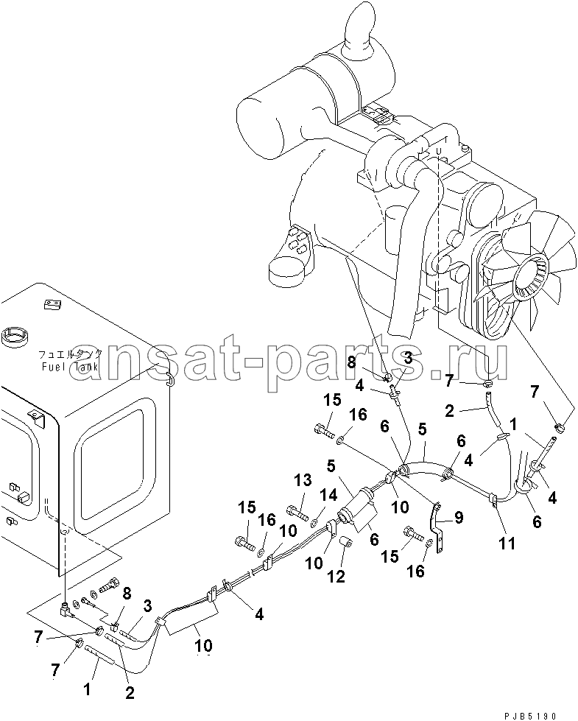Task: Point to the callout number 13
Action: [x=303, y=480]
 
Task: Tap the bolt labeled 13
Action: [x=297, y=511]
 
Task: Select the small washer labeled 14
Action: [x=315, y=521]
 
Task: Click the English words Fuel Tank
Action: [x=70, y=367]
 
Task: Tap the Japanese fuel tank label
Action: [x=70, y=354]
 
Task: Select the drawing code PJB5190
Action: [x=531, y=716]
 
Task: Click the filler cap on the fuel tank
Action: [x=15, y=337]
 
